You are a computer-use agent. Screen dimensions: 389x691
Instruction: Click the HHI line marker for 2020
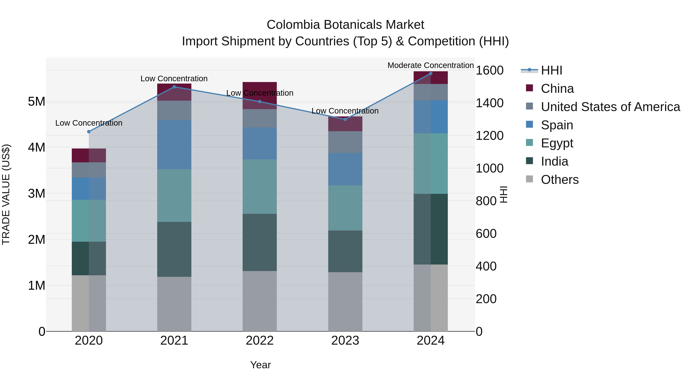pyautogui.click(x=89, y=132)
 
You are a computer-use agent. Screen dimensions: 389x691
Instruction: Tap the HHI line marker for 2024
pyautogui.click(x=431, y=74)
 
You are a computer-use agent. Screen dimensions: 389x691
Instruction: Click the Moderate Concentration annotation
pyautogui.click(x=430, y=65)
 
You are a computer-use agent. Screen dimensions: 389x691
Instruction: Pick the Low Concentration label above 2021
pyautogui.click(x=174, y=79)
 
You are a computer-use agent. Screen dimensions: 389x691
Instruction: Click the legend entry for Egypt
pyautogui.click(x=557, y=143)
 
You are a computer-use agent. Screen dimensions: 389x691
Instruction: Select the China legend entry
pyautogui.click(x=557, y=89)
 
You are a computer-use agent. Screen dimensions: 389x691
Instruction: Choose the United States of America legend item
pyautogui.click(x=610, y=107)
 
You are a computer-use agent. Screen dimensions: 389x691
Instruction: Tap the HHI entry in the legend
pyautogui.click(x=551, y=70)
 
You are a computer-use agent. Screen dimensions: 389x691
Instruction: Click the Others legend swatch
pyautogui.click(x=529, y=179)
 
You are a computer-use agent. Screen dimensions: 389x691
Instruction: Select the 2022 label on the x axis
pyautogui.click(x=259, y=341)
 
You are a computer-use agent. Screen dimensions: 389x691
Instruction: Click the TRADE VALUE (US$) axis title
pyautogui.click(x=6, y=194)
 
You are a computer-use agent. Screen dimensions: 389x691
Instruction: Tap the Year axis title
pyautogui.click(x=260, y=365)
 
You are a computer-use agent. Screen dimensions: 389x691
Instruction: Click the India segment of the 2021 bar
pyautogui.click(x=174, y=249)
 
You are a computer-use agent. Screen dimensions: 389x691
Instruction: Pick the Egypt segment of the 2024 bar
pyautogui.click(x=431, y=163)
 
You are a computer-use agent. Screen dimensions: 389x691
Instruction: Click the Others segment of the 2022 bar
pyautogui.click(x=259, y=301)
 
